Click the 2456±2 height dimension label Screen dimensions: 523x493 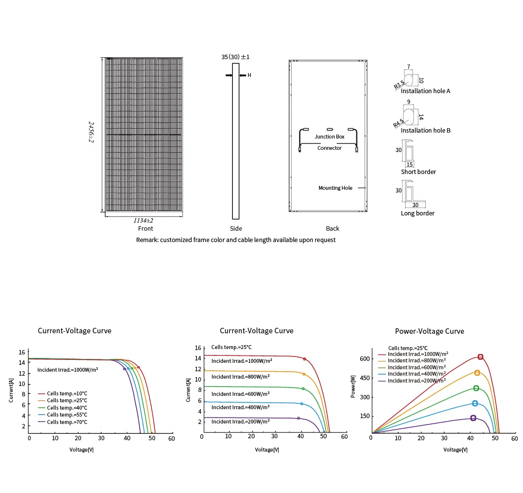(x=91, y=132)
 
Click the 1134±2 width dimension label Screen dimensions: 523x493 (x=144, y=221)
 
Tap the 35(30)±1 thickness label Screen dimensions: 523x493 (x=235, y=57)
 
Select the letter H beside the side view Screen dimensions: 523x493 (x=249, y=75)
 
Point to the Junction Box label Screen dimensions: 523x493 (x=330, y=137)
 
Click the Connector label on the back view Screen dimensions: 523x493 (x=329, y=148)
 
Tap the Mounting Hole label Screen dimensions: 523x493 (x=335, y=188)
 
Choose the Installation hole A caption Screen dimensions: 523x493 (x=425, y=91)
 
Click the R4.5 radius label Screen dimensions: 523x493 (x=398, y=123)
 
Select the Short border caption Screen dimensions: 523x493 (x=418, y=172)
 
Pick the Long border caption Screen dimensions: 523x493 (x=417, y=213)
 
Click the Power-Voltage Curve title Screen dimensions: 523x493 (x=429, y=331)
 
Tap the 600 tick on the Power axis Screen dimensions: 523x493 (x=365, y=359)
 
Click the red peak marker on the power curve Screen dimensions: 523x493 (x=480, y=357)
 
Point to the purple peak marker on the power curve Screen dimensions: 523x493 (x=473, y=418)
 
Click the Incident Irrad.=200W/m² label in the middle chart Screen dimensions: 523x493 (x=240, y=422)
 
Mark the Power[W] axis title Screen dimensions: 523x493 (x=353, y=387)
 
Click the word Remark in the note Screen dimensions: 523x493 (x=147, y=240)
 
